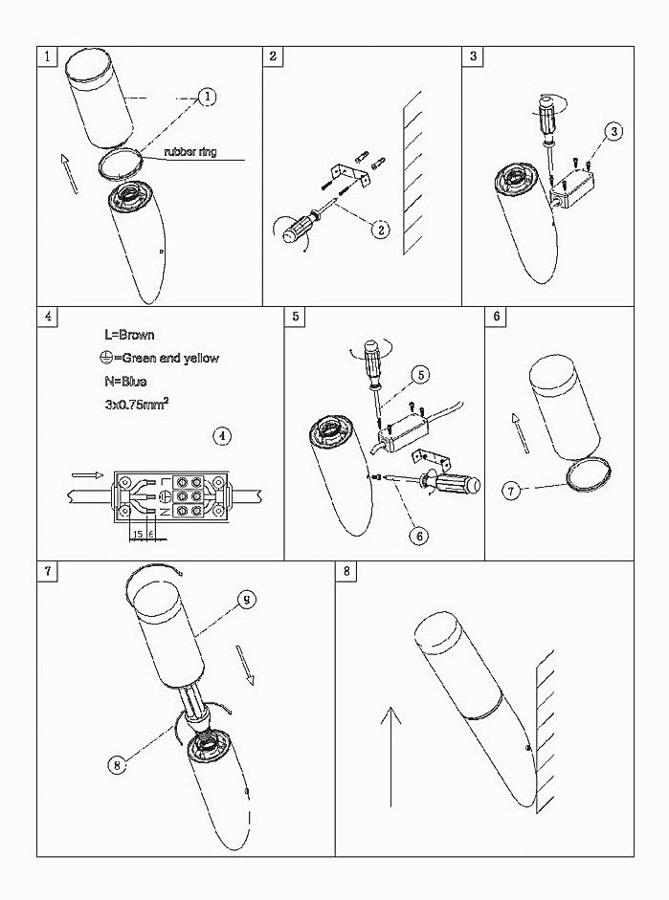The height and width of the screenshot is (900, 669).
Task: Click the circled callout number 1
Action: (x=208, y=97)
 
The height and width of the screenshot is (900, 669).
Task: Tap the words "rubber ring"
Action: (x=190, y=152)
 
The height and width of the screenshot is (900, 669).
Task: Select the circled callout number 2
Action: (x=380, y=230)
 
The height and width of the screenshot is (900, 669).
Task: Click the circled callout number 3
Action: (x=613, y=131)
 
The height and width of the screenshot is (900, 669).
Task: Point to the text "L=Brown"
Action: (x=129, y=335)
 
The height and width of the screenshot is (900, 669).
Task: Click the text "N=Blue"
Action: (x=125, y=381)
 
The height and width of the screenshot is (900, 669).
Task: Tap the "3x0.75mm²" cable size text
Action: (x=137, y=404)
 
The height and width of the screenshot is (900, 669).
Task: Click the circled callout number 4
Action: (x=222, y=436)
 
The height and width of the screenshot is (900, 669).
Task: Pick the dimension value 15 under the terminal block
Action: (x=138, y=535)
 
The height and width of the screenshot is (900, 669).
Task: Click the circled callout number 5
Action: (x=420, y=375)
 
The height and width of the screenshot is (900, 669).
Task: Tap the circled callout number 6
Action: (x=419, y=536)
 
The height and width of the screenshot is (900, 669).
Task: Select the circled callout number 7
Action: (x=511, y=491)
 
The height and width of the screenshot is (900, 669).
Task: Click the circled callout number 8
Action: (x=117, y=765)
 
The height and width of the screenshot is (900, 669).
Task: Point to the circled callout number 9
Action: (x=246, y=600)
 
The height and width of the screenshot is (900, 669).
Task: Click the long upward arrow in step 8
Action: (x=390, y=757)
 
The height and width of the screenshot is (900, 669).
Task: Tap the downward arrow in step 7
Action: (x=245, y=665)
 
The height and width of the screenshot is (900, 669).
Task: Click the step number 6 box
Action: (x=496, y=317)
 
